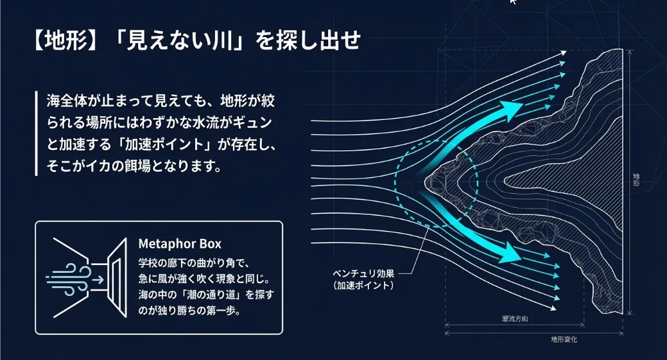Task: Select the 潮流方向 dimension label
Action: tap(514, 319)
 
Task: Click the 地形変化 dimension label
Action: tap(564, 339)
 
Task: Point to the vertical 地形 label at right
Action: tap(636, 180)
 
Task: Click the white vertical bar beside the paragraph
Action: tap(37, 134)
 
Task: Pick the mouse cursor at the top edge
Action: tap(512, 2)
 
